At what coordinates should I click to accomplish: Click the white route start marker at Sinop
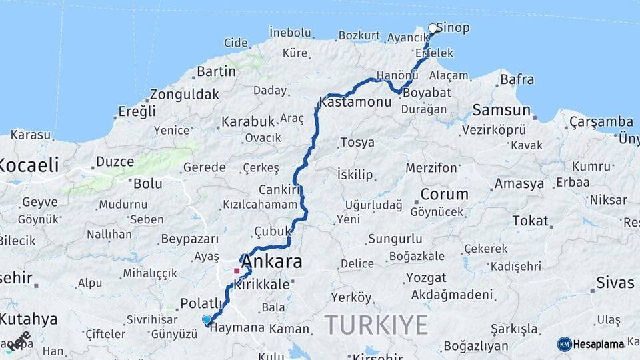tap(433, 29)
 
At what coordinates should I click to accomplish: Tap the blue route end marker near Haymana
tap(207, 320)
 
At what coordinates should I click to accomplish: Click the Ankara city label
tap(271, 261)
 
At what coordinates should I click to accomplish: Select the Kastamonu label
tap(354, 103)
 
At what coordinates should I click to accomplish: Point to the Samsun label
tap(501, 110)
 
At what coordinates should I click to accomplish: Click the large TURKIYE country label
tap(376, 325)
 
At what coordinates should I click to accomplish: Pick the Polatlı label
tap(201, 303)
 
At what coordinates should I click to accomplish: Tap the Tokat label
tap(530, 221)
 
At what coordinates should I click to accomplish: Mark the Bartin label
tap(216, 71)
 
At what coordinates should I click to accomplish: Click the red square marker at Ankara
tap(237, 271)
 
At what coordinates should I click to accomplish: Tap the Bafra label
tap(517, 79)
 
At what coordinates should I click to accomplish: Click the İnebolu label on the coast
tap(290, 32)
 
